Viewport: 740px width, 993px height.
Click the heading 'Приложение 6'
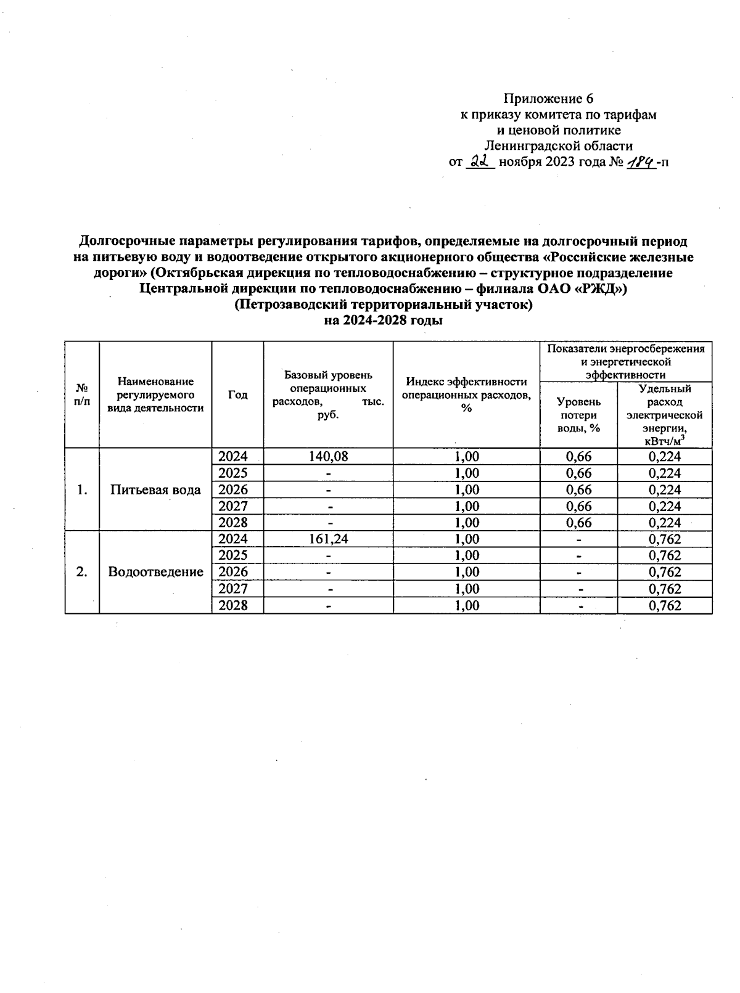pyautogui.click(x=548, y=99)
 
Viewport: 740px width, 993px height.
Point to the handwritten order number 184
pyautogui.click(x=641, y=161)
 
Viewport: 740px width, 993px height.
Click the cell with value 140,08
pyautogui.click(x=328, y=457)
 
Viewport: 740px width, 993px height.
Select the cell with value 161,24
pyautogui.click(x=328, y=539)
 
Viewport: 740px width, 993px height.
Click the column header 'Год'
pyautogui.click(x=237, y=395)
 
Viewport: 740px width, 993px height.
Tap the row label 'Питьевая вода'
pyautogui.click(x=155, y=490)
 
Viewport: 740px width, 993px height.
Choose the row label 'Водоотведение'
pyautogui.click(x=155, y=572)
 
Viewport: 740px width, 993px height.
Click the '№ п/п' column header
pyautogui.click(x=82, y=395)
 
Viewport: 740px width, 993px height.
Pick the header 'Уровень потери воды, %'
pyautogui.click(x=578, y=414)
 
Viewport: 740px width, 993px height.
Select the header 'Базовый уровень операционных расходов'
pyautogui.click(x=328, y=394)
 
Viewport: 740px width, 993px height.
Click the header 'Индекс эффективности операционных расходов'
pyautogui.click(x=466, y=394)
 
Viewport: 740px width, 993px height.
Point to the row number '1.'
pyautogui.click(x=82, y=490)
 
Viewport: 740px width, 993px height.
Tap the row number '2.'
pyautogui.click(x=82, y=572)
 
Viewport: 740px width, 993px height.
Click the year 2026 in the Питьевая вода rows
pyautogui.click(x=233, y=490)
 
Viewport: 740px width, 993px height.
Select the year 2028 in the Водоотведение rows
pyautogui.click(x=233, y=605)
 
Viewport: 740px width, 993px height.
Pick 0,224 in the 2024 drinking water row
pyautogui.click(x=665, y=457)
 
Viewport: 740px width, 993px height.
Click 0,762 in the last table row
pyautogui.click(x=665, y=605)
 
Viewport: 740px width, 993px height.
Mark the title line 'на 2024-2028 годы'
pyautogui.click(x=384, y=321)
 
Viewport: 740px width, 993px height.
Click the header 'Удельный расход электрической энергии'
pyautogui.click(x=665, y=414)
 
